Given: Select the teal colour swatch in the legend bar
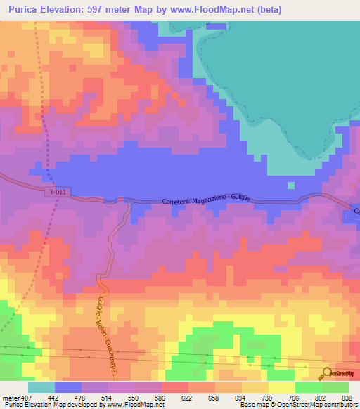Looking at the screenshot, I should click(x=41, y=387).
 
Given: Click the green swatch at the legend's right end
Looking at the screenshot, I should click(x=335, y=387).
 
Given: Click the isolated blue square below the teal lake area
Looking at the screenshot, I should click(x=290, y=185).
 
